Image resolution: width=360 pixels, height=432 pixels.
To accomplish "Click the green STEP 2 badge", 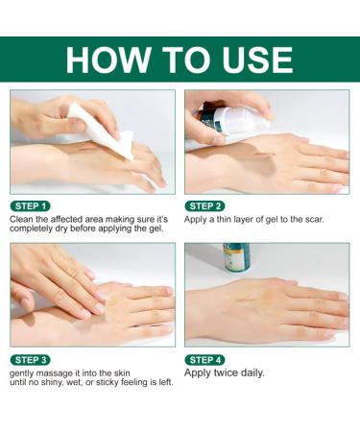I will pos(206,205).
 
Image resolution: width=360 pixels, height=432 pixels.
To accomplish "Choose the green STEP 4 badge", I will pos(206,359).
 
